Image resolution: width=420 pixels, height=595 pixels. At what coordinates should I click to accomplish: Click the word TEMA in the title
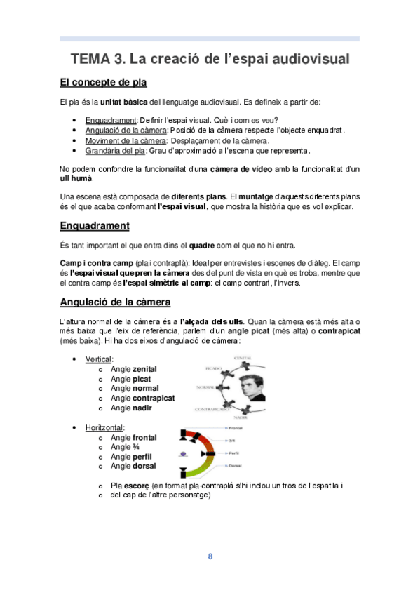pyautogui.click(x=92, y=58)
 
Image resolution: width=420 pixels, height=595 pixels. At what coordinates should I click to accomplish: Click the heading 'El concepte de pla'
pyautogui.click(x=103, y=83)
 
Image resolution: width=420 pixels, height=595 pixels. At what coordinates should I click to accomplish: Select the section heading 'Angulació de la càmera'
pyautogui.click(x=115, y=302)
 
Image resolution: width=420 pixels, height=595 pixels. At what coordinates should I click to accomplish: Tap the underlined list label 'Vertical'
pyautogui.click(x=99, y=359)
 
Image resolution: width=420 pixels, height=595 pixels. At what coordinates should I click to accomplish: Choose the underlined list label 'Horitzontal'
pyautogui.click(x=104, y=427)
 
